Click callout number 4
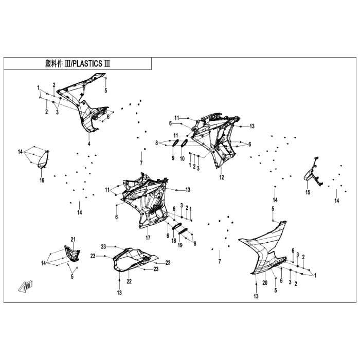[88, 144]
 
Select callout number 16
[42, 180]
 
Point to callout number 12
[222, 177]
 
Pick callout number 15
[308, 192]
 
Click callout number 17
[148, 238]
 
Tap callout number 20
[265, 282]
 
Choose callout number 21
[73, 240]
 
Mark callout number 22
[129, 281]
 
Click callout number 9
[173, 158]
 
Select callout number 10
[182, 158]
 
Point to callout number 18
[174, 240]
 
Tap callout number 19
[181, 246]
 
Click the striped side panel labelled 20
[265, 247]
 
